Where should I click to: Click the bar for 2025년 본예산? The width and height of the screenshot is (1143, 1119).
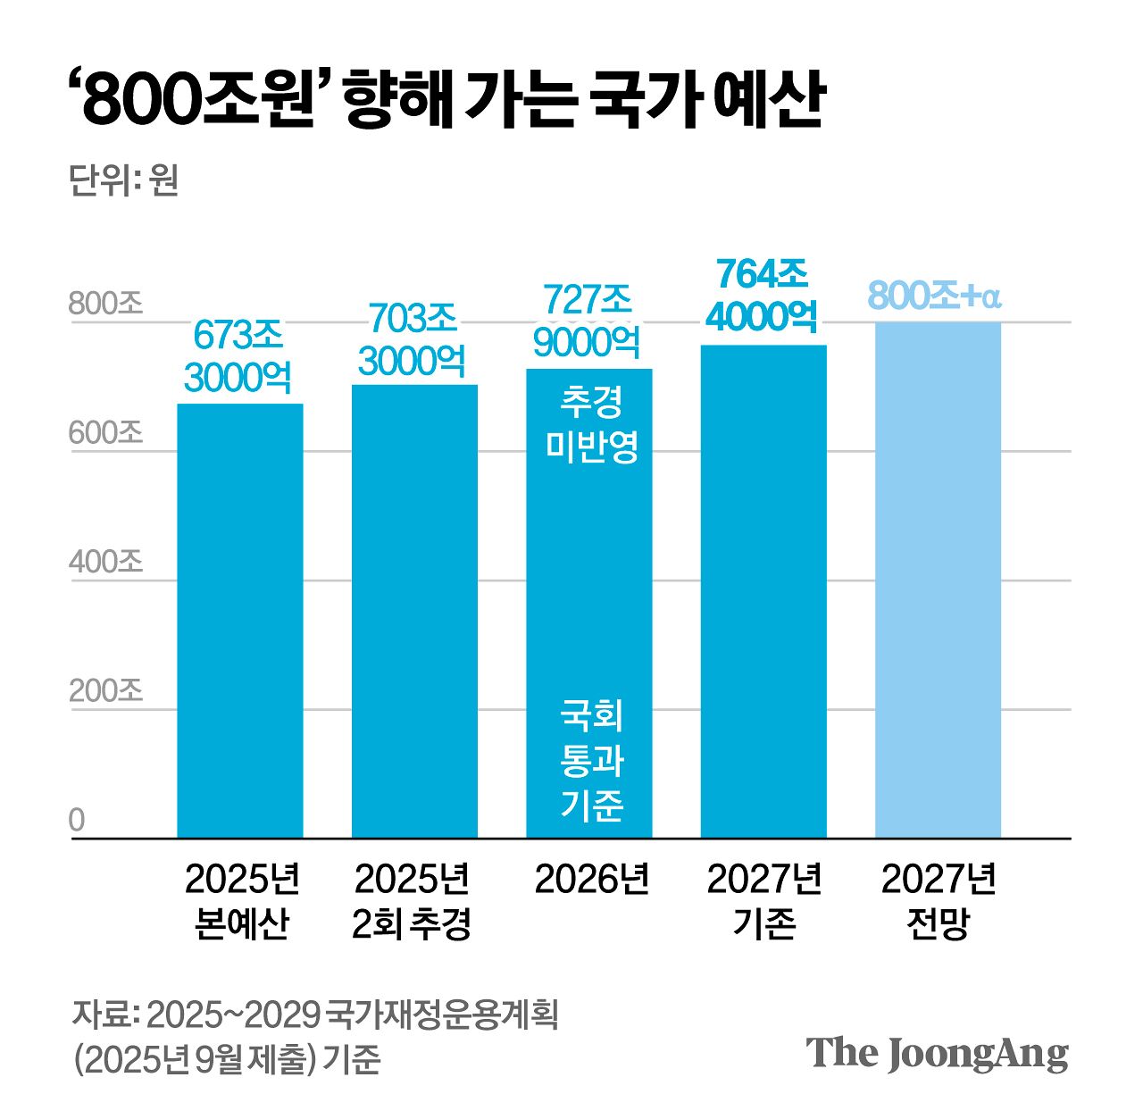[x=239, y=621]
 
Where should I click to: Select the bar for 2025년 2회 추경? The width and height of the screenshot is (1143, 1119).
[x=414, y=612]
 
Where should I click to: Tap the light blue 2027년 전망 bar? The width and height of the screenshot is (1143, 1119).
[x=938, y=580]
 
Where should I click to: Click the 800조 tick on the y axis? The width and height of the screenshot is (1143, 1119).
[x=105, y=304]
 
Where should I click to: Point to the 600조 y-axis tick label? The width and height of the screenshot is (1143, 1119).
[x=105, y=433]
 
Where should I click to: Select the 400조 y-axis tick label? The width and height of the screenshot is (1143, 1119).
[x=105, y=562]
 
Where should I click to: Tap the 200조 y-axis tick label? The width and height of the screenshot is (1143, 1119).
[x=105, y=691]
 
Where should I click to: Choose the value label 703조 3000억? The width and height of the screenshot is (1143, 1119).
[x=413, y=340]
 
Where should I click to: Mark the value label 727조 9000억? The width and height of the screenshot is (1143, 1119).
[x=588, y=321]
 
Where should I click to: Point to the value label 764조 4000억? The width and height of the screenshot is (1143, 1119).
[x=762, y=295]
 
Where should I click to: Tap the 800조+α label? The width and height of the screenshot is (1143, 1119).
[x=934, y=296]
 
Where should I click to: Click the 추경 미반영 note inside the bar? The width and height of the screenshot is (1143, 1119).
[x=591, y=424]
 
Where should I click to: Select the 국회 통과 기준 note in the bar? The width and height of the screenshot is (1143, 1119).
[x=591, y=760]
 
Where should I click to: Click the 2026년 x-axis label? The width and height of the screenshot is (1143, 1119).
[x=591, y=880]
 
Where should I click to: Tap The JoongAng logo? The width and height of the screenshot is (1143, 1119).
[x=937, y=1054]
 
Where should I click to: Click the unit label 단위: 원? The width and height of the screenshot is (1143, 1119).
[x=123, y=180]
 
